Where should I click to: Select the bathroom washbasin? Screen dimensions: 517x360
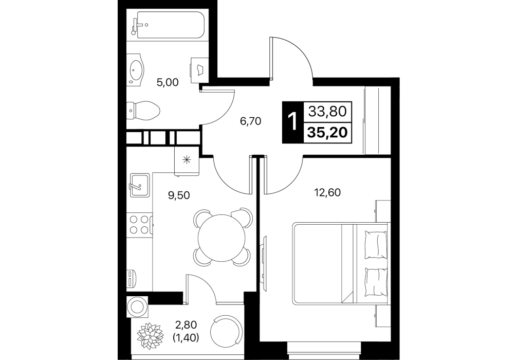(x=136, y=70)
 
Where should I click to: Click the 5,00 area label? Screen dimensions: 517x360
(x=168, y=82)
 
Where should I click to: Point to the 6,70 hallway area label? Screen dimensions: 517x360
(x=251, y=121)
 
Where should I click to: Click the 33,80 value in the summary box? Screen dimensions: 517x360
(x=327, y=112)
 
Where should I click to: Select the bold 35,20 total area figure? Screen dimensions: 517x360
(x=327, y=133)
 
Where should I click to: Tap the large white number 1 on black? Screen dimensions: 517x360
(x=292, y=122)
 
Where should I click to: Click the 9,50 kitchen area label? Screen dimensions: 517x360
(x=179, y=195)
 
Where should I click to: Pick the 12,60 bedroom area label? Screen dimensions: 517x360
(x=327, y=192)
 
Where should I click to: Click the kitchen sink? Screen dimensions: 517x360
(x=140, y=185)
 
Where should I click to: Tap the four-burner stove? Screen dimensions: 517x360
(x=139, y=224)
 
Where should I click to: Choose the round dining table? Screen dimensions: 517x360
(x=223, y=237)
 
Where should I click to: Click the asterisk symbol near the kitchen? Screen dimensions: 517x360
(x=187, y=160)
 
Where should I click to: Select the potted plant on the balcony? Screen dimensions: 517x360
(x=151, y=335)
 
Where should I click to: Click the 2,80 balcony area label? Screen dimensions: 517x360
(x=186, y=325)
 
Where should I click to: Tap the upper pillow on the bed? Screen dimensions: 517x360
(x=376, y=245)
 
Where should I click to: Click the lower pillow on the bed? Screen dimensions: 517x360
(x=376, y=282)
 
